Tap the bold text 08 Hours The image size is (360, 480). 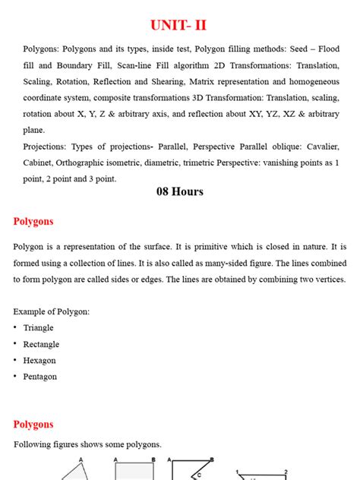(x=180, y=192)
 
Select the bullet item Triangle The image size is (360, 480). (x=39, y=328)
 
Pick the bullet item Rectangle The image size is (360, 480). (x=41, y=344)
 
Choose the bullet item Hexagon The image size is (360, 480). (x=39, y=361)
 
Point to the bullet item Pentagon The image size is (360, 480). (x=40, y=377)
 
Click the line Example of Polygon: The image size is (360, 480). (x=51, y=312)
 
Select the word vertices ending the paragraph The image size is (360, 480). (x=328, y=279)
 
